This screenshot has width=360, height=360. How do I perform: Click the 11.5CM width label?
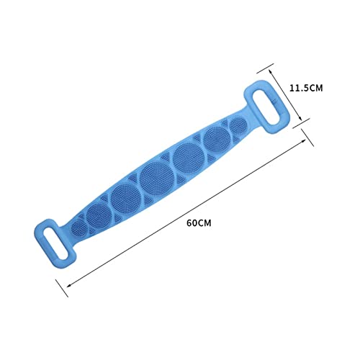[x=306, y=88]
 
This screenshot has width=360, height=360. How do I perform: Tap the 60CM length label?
[x=199, y=223]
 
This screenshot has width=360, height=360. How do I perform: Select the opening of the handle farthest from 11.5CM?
[x=56, y=243]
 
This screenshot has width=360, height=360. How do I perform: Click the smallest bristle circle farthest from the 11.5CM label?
[x=78, y=228]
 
